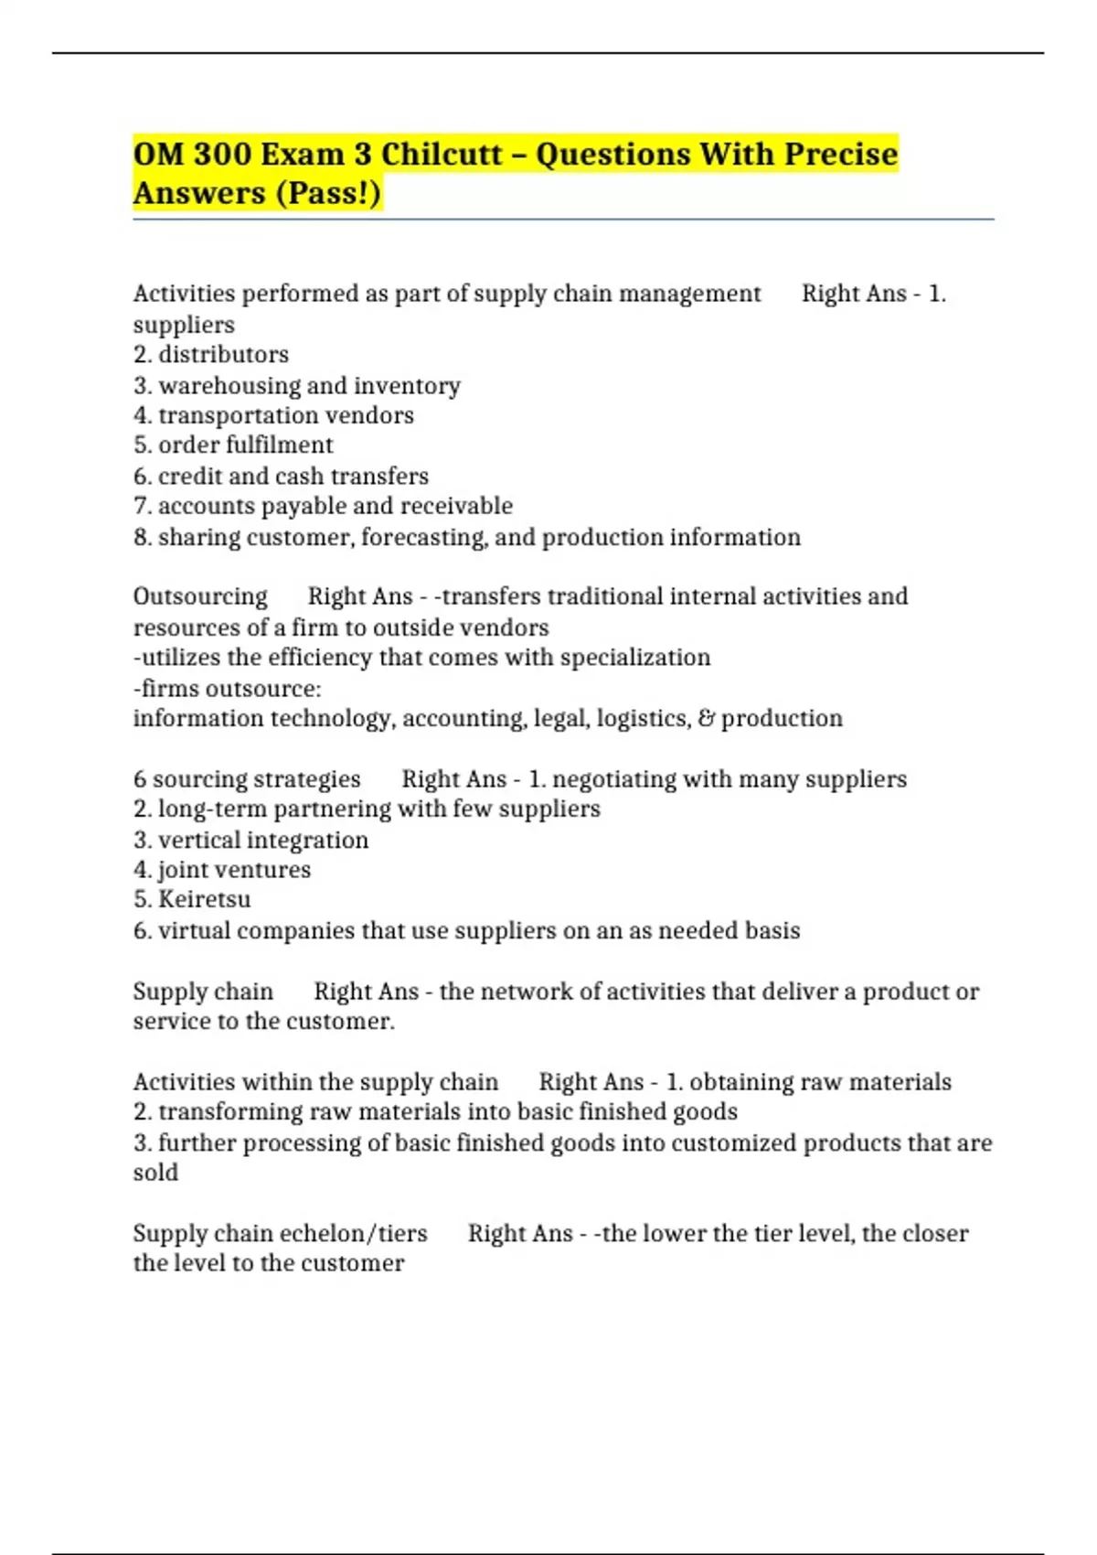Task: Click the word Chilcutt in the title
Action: (x=442, y=154)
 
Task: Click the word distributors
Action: (x=223, y=354)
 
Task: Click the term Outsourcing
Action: (x=200, y=596)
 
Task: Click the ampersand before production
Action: (x=706, y=718)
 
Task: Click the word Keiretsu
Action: (x=204, y=899)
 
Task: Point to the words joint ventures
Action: (x=234, y=869)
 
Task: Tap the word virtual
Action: (x=189, y=930)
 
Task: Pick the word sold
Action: (x=155, y=1173)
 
